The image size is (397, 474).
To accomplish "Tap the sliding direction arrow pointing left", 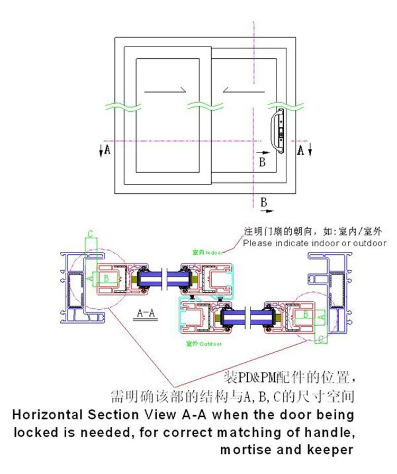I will point(244,91).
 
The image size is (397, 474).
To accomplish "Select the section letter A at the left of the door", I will point(106,150).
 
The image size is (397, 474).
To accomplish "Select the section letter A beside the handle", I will point(300,150).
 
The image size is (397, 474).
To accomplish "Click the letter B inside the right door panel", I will point(261,162).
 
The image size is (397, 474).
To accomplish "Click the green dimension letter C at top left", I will point(91,234).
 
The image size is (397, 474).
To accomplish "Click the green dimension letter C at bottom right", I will point(319,337).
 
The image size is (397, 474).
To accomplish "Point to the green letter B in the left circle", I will point(106,277).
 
